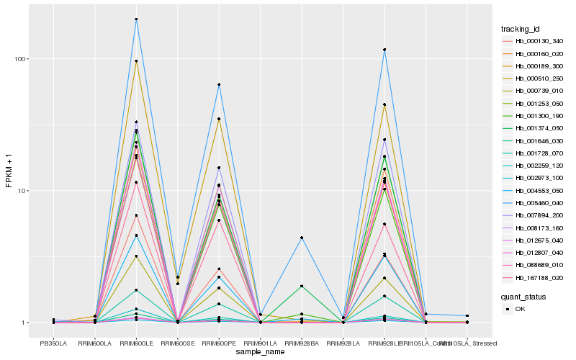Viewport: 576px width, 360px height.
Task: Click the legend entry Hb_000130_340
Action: point(534,41)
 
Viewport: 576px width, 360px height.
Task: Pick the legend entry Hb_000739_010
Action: point(534,91)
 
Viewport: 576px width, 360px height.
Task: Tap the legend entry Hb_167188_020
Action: point(534,278)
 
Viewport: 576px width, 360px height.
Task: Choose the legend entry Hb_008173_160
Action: point(534,228)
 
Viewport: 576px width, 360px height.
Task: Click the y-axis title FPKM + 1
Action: point(9,171)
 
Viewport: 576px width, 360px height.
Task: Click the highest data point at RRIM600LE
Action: point(136,19)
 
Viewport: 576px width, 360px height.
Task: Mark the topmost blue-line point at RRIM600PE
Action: point(219,85)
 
